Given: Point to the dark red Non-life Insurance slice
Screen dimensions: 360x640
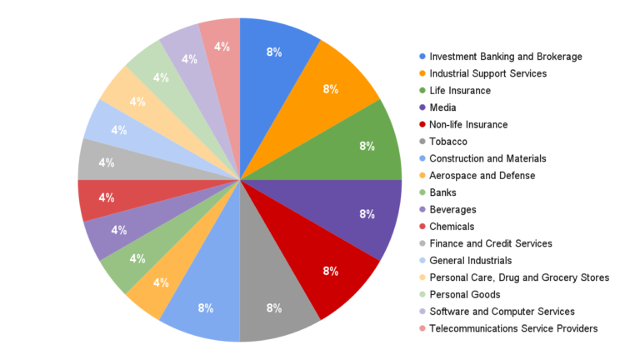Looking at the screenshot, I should (325, 267).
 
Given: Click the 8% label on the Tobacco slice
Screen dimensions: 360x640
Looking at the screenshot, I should (273, 307).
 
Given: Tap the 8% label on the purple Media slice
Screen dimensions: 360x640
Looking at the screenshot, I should (367, 214).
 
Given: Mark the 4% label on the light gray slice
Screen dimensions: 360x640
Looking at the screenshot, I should (107, 162).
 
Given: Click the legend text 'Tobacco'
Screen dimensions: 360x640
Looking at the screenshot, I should (449, 142).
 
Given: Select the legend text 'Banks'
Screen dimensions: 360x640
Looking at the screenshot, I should (443, 192).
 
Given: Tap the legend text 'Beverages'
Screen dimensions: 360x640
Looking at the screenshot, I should (452, 209).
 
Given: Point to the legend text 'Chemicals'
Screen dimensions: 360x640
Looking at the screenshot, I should (452, 227).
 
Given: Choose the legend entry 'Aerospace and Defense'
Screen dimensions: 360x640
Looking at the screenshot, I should (482, 176).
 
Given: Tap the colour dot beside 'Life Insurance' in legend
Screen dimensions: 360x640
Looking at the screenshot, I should (422, 91).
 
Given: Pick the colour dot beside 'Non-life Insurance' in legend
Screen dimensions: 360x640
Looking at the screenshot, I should (422, 125).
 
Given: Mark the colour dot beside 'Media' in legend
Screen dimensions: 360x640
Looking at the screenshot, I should (422, 107).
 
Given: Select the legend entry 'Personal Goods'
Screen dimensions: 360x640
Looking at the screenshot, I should (465, 294).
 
